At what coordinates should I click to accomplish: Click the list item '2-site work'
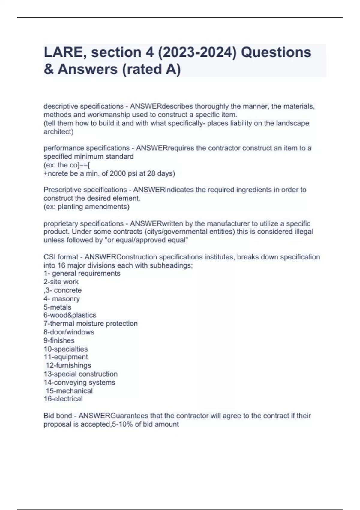tap(61, 282)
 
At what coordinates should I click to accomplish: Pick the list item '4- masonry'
tap(62, 299)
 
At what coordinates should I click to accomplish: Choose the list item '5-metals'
tap(58, 307)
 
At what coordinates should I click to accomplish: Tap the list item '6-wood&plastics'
tap(70, 315)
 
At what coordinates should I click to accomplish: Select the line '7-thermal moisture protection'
tap(91, 323)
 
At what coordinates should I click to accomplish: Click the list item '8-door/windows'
tap(69, 332)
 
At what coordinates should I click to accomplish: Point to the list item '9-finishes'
tap(59, 340)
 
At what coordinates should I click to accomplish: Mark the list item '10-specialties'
tap(66, 349)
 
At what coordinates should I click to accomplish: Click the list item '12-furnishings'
tap(68, 365)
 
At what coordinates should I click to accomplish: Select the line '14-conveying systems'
tap(79, 382)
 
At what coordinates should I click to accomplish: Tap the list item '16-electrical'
tap(63, 399)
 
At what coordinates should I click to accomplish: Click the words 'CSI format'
tap(61, 257)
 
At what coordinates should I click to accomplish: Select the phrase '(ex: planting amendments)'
tap(87, 207)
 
